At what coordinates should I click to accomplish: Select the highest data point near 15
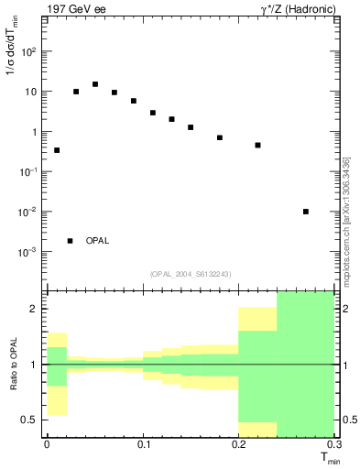95,84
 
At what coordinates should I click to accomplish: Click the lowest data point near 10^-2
306,212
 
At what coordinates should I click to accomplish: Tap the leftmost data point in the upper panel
57,150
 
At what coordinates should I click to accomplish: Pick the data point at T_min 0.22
258,145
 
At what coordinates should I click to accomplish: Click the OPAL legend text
97,241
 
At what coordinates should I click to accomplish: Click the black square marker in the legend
71,241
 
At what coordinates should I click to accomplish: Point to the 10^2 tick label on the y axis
30,51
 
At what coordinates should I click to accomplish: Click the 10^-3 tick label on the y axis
29,252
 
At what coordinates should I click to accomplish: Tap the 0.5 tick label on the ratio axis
32,420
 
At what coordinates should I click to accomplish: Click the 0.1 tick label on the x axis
143,444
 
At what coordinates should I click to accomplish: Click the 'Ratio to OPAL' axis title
14,364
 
